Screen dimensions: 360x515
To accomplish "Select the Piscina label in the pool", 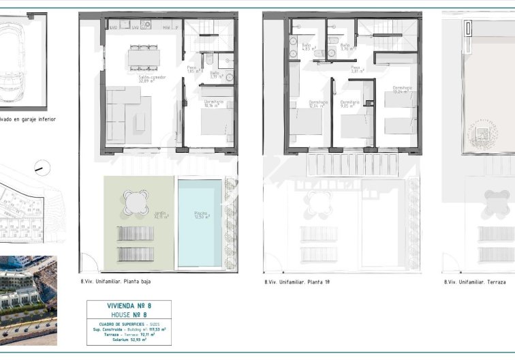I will pyautogui.click(x=200, y=215).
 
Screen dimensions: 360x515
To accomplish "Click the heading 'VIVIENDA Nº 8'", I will pyautogui.click(x=129, y=306).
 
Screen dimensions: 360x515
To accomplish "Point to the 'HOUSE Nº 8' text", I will pyautogui.click(x=129, y=314).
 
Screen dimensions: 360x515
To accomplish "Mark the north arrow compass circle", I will pyautogui.click(x=42, y=167).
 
